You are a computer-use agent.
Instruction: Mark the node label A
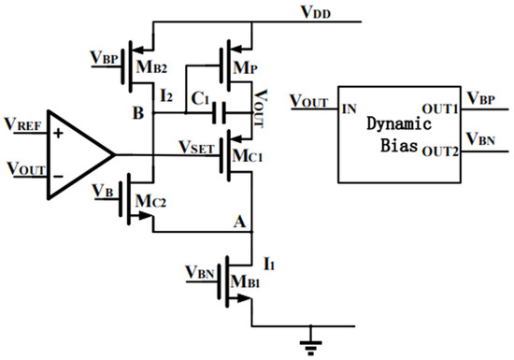pyautogui.click(x=241, y=223)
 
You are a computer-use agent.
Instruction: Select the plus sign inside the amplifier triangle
pyautogui.click(x=60, y=133)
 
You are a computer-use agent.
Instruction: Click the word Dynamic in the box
pyautogui.click(x=398, y=123)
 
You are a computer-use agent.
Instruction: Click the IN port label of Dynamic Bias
pyautogui.click(x=350, y=109)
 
